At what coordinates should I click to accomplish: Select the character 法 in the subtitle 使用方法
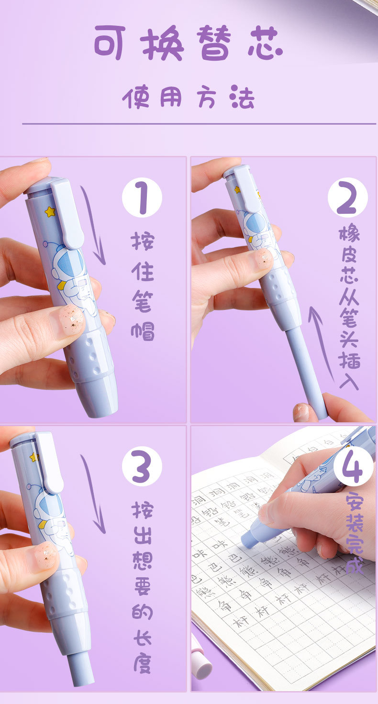coord(241,98)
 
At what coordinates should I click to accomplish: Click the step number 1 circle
coord(142,198)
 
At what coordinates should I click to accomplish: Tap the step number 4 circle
coord(353,466)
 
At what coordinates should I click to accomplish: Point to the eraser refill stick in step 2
coord(306,368)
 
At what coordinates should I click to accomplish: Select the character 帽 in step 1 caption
coord(143,330)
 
